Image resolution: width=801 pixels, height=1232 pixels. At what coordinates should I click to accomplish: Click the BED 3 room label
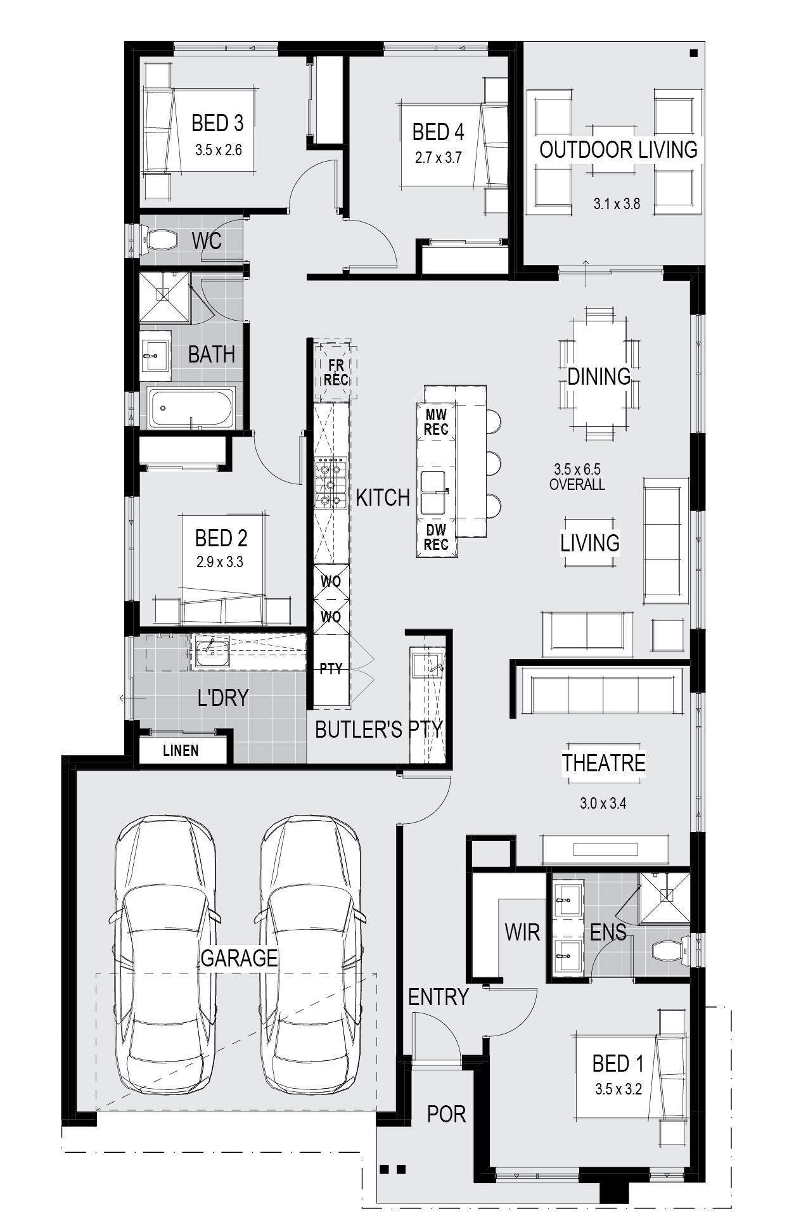(217, 123)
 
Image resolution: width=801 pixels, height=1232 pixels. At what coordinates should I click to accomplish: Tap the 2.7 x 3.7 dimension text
(439, 158)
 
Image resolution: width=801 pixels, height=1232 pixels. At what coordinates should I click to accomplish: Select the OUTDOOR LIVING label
(618, 150)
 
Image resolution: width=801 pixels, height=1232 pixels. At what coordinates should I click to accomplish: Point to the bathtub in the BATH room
(191, 407)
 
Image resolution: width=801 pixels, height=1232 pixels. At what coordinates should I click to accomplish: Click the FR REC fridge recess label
(336, 373)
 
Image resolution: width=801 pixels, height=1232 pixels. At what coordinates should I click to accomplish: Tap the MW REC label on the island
(436, 422)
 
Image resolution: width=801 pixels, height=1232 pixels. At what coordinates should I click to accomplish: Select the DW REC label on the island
(436, 537)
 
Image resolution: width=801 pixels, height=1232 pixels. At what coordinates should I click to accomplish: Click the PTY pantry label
(331, 668)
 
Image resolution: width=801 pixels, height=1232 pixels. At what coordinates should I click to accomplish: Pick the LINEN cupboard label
(181, 751)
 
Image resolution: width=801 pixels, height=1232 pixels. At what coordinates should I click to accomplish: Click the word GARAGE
(240, 958)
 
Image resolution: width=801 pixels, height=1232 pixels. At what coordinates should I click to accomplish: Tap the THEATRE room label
(604, 763)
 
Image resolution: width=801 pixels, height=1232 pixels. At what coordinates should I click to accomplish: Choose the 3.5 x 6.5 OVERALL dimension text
(577, 477)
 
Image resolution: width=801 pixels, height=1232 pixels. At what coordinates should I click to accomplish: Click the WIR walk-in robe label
(522, 932)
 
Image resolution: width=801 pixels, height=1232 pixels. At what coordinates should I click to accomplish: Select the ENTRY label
(438, 997)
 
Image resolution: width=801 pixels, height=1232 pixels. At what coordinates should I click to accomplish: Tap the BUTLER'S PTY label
(379, 729)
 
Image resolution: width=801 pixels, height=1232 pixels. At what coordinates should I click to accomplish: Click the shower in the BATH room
(165, 297)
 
